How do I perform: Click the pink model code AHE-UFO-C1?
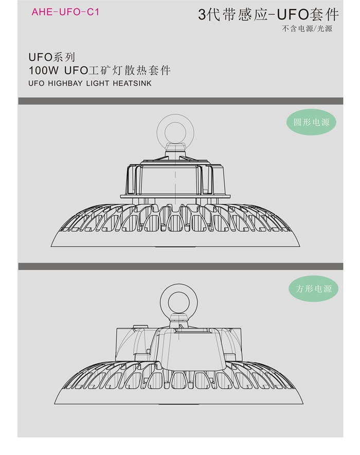[65, 12]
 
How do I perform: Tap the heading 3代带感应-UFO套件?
[268, 14]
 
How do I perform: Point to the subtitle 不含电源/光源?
[307, 28]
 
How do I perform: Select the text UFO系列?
[51, 57]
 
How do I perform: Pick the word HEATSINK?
[132, 83]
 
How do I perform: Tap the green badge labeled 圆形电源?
[311, 122]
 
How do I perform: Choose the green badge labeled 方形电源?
[313, 288]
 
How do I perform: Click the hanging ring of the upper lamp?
[175, 117]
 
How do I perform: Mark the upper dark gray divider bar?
[181, 101]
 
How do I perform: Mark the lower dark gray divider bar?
[181, 267]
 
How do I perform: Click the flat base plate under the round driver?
[175, 197]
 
